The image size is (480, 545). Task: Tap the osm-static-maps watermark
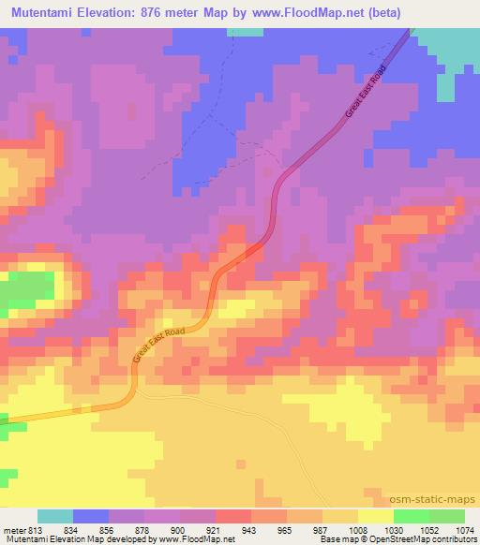coord(439,499)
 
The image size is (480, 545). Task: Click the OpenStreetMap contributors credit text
coord(428,539)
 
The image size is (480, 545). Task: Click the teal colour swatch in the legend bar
coord(55,516)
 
